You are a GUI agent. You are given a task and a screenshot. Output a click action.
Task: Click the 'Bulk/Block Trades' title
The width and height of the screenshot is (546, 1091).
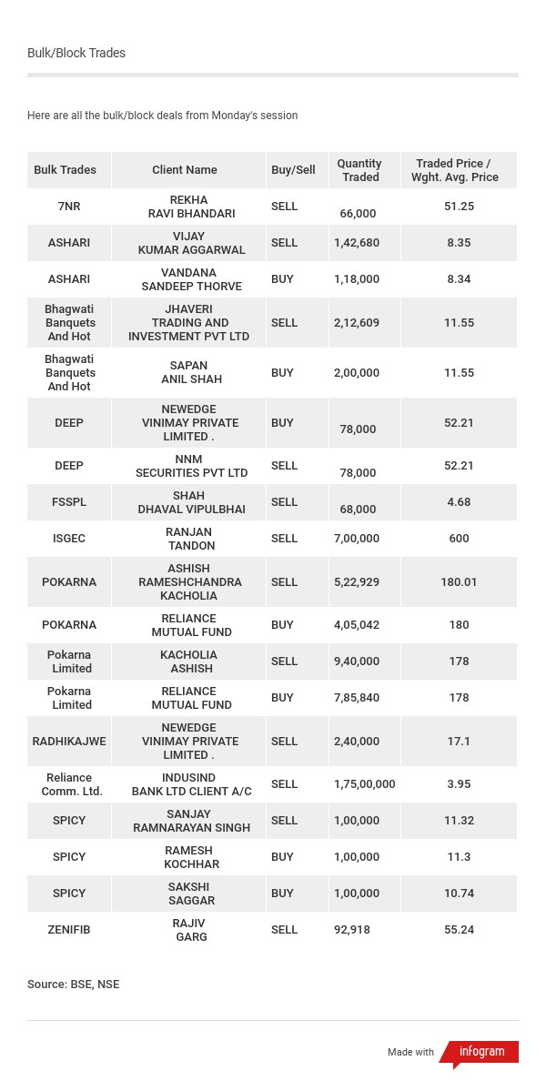click(x=76, y=53)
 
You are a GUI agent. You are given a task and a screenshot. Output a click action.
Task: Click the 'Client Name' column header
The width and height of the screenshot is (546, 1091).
click(x=185, y=170)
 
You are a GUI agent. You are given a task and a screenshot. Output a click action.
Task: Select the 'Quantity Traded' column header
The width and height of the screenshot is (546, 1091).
click(x=359, y=170)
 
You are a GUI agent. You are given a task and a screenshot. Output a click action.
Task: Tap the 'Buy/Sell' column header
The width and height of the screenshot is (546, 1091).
click(x=293, y=170)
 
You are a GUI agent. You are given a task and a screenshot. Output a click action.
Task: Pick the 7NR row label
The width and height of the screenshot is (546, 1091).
click(x=69, y=207)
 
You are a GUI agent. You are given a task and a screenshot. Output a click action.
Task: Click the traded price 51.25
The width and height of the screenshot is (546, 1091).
click(x=459, y=207)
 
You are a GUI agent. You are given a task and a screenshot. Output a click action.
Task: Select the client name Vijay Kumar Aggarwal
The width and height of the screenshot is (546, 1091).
click(x=191, y=243)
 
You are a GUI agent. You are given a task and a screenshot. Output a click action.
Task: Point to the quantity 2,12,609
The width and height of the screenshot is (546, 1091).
click(x=357, y=322)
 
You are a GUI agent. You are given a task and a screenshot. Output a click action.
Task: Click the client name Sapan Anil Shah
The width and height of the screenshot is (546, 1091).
click(x=191, y=372)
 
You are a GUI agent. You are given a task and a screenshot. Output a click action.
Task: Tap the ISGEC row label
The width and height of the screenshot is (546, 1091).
click(x=69, y=539)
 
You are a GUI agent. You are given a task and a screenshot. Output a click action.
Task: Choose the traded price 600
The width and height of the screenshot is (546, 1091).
click(x=459, y=539)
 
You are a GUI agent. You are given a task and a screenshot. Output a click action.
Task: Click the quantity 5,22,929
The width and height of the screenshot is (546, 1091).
click(x=357, y=581)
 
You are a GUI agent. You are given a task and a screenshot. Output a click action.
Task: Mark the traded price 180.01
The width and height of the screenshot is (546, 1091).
click(x=459, y=581)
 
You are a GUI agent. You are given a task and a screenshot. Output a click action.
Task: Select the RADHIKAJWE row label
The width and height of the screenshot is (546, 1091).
click(x=69, y=741)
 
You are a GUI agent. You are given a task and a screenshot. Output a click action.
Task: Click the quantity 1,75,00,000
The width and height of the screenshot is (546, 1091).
click(x=364, y=784)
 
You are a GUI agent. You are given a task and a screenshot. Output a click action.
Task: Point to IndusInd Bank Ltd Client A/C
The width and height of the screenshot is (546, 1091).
click(x=191, y=784)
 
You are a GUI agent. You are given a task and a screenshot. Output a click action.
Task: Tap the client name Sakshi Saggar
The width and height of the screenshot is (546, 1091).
click(x=191, y=894)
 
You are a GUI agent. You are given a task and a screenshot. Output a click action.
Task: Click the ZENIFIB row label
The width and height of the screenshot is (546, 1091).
click(x=69, y=930)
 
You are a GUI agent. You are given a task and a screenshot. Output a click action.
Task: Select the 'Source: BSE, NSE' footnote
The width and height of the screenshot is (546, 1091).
click(x=73, y=985)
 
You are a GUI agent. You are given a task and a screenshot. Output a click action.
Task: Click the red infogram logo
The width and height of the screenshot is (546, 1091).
click(x=481, y=1052)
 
